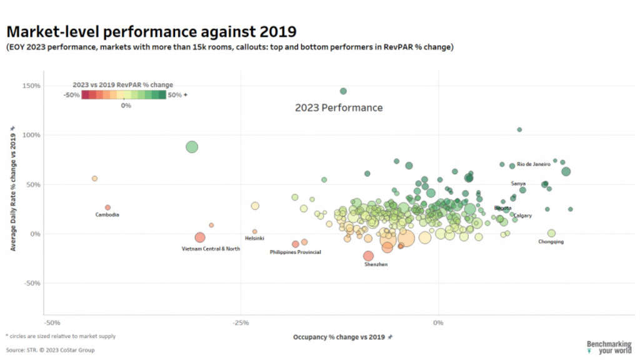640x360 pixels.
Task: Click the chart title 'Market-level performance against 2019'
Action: (x=151, y=31)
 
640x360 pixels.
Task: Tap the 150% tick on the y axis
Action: (x=32, y=86)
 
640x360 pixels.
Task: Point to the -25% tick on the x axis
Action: (x=241, y=322)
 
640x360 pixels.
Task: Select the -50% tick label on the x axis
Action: (x=52, y=322)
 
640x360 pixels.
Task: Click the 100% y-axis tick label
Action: (x=32, y=135)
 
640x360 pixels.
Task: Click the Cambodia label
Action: (x=107, y=215)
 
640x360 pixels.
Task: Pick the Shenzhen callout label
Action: (x=376, y=264)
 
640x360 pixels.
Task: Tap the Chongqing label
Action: (x=551, y=242)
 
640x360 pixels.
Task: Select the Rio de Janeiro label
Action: (x=533, y=164)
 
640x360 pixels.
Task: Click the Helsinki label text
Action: (x=254, y=238)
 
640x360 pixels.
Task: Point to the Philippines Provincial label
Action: (x=295, y=252)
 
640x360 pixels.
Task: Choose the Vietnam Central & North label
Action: (x=211, y=249)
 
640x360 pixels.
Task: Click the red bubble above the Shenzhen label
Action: (x=368, y=256)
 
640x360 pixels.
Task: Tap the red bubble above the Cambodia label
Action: (x=107, y=207)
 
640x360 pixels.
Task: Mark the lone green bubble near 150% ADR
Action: (x=343, y=91)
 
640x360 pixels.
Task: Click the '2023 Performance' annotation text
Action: (x=339, y=107)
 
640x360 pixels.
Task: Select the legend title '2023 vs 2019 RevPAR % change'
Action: (x=123, y=84)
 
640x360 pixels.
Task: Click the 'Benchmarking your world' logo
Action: (x=608, y=347)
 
